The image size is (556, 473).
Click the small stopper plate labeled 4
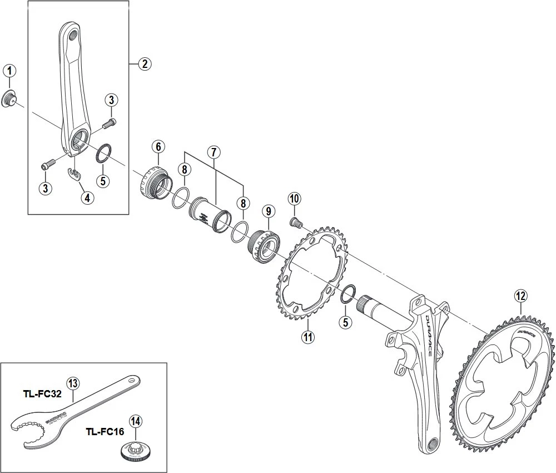click(x=74, y=175)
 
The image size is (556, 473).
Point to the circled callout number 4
click(x=87, y=197)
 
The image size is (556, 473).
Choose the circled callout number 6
click(x=157, y=147)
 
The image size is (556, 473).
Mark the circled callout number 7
click(x=215, y=152)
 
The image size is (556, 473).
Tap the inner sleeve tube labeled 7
click(x=210, y=218)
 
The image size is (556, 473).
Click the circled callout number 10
click(x=294, y=198)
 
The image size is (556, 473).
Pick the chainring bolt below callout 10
click(x=295, y=223)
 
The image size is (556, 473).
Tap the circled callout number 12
click(x=520, y=296)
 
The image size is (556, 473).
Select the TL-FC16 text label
click(x=104, y=431)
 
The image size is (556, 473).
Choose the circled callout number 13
click(x=73, y=382)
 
